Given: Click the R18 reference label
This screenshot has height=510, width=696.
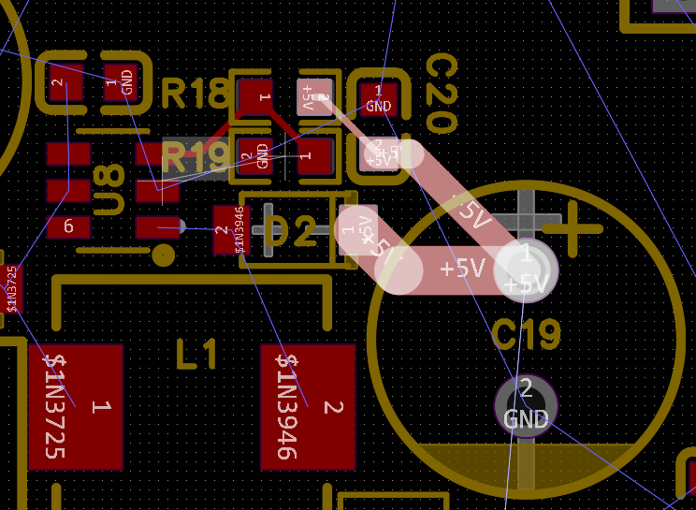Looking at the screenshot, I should (195, 95).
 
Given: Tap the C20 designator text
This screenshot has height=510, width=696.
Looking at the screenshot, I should (440, 94).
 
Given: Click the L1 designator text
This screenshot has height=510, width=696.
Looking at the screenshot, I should (196, 355).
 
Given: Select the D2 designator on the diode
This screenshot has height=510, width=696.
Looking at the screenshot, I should (291, 232).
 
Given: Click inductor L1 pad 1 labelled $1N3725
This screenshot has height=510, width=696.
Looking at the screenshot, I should (75, 406).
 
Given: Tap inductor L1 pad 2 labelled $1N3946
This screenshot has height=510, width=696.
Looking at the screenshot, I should (308, 406).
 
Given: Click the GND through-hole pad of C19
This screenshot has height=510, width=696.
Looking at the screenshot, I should (526, 403).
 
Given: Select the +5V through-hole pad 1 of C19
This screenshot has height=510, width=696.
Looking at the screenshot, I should (526, 270).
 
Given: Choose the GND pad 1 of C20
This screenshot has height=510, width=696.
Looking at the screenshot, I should (378, 97).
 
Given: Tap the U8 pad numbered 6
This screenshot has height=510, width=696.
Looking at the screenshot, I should (68, 226).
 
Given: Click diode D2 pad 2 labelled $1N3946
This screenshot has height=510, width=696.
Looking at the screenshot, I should (230, 229).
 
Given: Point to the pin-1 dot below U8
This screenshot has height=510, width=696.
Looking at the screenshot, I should (165, 255).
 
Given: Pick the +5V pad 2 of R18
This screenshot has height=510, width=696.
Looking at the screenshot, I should (313, 97).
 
